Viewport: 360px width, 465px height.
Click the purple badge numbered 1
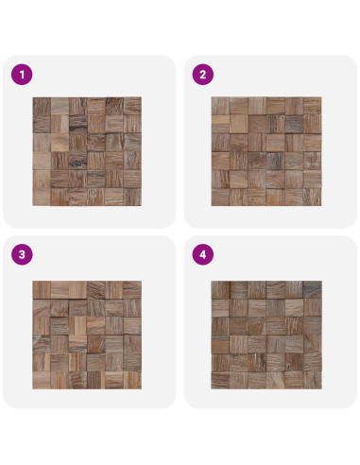coord(22,75)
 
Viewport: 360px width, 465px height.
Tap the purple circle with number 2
coord(203,75)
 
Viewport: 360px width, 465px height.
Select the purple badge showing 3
coord(22,254)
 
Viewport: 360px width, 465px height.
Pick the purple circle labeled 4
coord(203,254)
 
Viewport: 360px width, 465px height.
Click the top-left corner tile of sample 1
coord(42,106)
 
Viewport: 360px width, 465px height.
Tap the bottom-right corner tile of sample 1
coord(132,197)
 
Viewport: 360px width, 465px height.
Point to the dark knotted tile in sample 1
coord(77,161)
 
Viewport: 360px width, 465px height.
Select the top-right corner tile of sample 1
coord(132,106)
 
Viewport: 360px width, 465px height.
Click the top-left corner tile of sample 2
coord(220,106)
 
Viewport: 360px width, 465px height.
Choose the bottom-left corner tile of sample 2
coord(220,197)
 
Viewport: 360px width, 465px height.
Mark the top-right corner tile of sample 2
coord(313,106)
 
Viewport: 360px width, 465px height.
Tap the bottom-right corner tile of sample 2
coord(313,197)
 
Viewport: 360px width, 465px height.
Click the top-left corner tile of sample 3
coord(42,290)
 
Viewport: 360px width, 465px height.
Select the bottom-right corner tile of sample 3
coord(132,380)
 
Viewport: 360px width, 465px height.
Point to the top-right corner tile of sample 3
coord(132,290)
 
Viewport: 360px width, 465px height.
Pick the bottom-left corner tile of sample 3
coord(42,380)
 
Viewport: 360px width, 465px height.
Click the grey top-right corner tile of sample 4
coord(313,290)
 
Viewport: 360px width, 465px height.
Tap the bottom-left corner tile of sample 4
coord(220,380)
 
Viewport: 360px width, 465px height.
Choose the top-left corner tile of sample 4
coord(220,290)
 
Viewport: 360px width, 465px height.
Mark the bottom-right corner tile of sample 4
coord(313,380)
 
